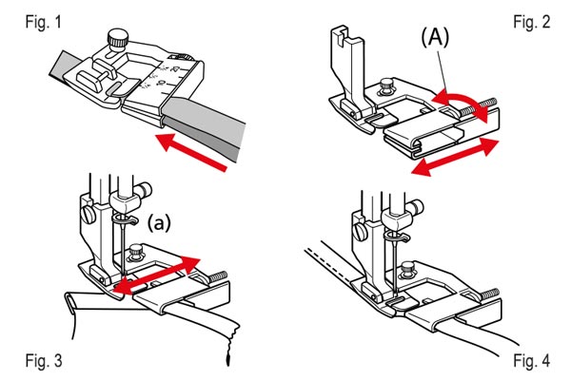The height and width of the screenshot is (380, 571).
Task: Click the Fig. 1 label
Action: tap(44, 22)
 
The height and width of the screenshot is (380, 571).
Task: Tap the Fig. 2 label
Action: tap(532, 22)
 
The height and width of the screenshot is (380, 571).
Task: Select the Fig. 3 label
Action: tap(44, 361)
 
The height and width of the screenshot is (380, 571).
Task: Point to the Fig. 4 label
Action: tap(532, 361)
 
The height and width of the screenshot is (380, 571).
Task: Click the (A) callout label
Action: tap(435, 37)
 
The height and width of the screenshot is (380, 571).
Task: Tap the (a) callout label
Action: tap(159, 223)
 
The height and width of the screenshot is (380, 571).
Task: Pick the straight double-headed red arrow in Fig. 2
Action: tap(455, 157)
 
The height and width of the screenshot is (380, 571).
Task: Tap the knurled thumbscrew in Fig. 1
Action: tap(118, 39)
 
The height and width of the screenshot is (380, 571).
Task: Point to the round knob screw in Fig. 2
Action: tap(386, 85)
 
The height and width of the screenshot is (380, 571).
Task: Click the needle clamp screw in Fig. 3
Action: tap(145, 190)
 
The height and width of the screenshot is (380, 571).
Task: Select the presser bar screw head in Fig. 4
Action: tap(359, 231)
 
